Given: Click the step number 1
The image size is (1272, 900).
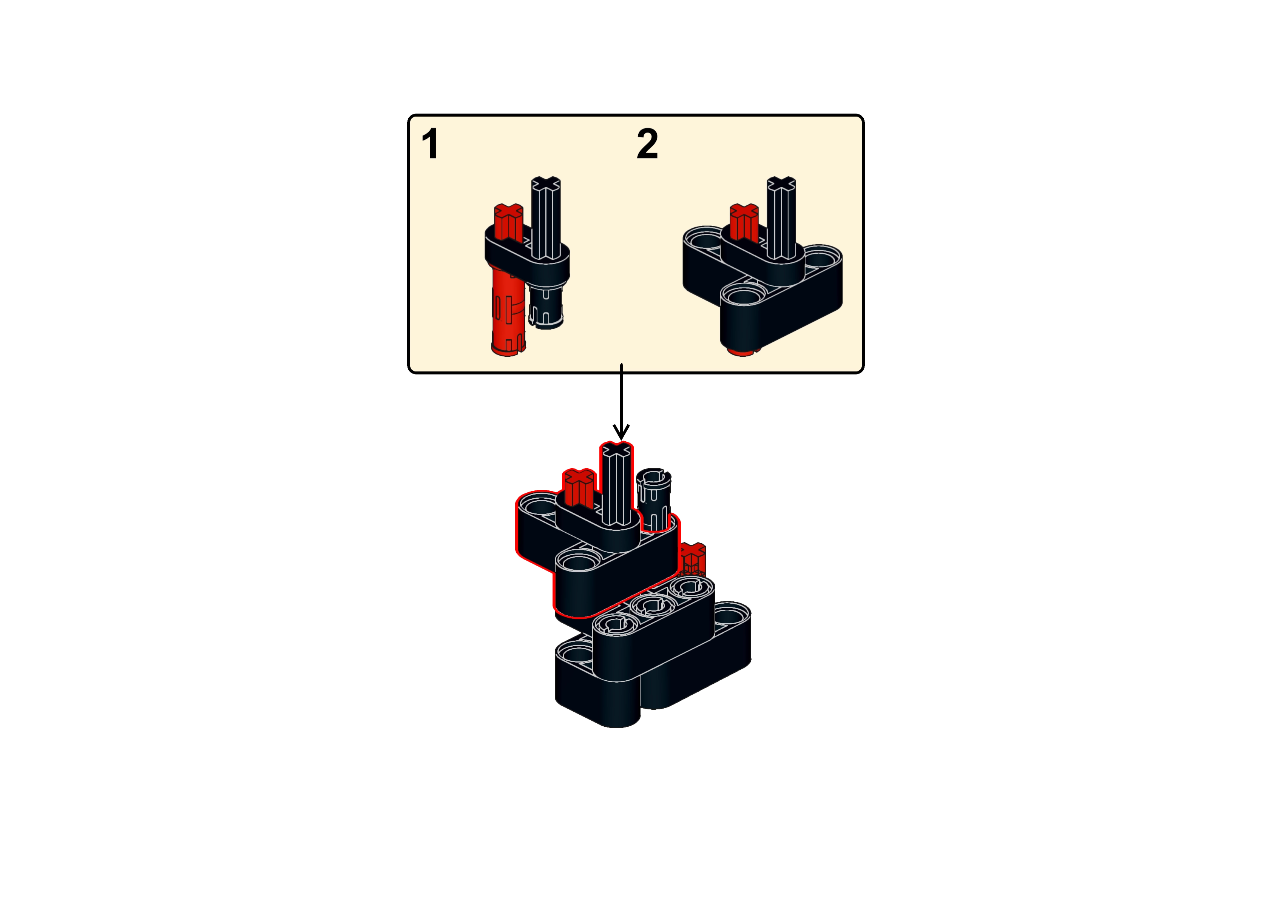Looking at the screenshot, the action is click(430, 143).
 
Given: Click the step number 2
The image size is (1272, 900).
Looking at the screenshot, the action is click(647, 143).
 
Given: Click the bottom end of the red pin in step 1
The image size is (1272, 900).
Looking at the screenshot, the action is click(508, 349).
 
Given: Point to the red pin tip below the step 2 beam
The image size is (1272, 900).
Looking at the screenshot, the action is click(743, 352).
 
